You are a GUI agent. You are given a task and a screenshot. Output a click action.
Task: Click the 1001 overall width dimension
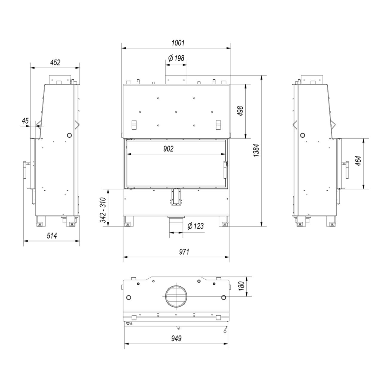(178, 43)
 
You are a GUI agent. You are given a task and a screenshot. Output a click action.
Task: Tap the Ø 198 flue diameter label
(176, 58)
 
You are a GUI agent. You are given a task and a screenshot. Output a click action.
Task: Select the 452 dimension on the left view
(55, 63)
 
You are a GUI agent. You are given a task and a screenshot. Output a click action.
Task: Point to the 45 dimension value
(25, 121)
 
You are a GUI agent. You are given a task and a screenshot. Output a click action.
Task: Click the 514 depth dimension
(52, 235)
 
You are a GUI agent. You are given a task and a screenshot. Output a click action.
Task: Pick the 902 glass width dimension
(168, 149)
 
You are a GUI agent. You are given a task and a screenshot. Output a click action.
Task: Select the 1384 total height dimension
(256, 151)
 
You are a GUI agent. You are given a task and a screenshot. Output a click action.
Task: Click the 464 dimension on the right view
(358, 161)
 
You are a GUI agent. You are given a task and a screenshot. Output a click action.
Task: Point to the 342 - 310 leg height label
(103, 210)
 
